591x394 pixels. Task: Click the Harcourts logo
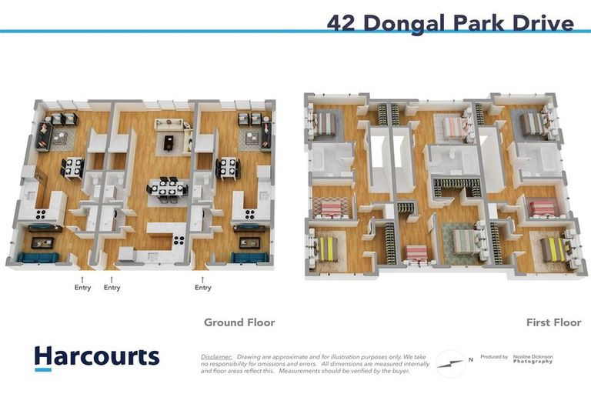(x=96, y=357)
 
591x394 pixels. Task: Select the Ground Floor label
(x=239, y=322)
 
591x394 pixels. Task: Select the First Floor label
(x=553, y=322)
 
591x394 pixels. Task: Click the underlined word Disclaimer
(x=216, y=357)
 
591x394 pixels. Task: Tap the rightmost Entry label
(x=203, y=288)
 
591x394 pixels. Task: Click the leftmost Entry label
(x=82, y=288)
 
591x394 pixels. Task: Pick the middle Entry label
(x=112, y=288)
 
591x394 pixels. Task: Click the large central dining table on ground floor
(x=166, y=188)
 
